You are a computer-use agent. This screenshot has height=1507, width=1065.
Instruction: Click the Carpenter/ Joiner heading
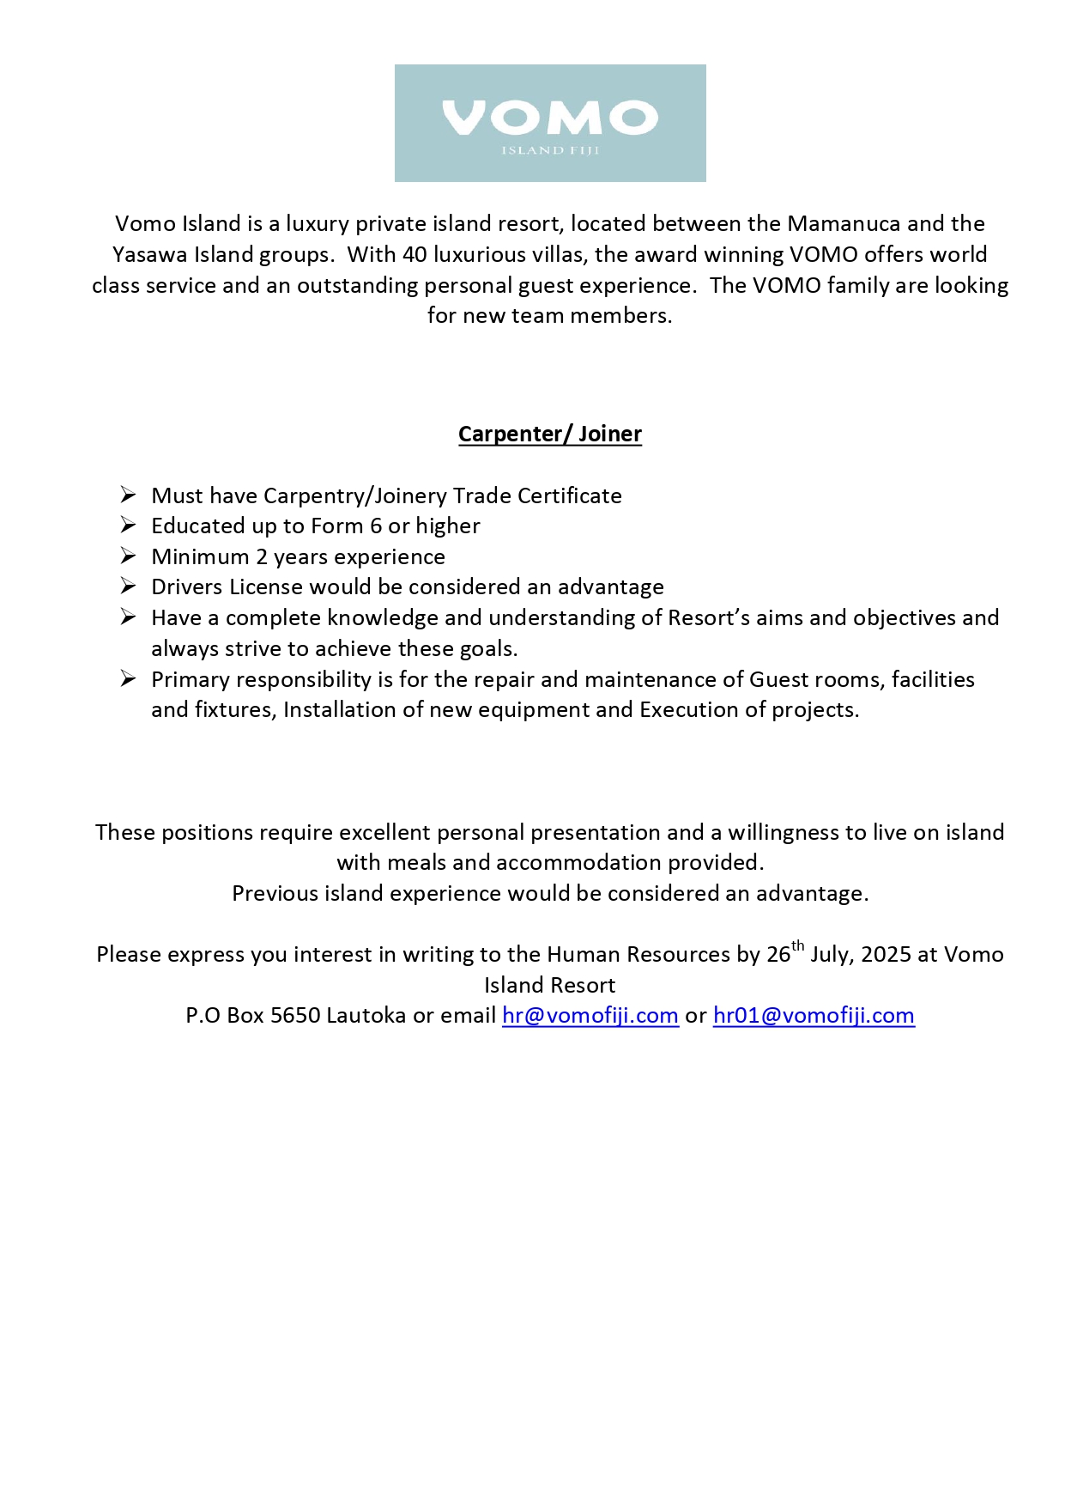550,434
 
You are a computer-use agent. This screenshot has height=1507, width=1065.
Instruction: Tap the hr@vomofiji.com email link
590,1016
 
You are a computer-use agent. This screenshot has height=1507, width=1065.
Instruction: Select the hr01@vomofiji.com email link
814,1016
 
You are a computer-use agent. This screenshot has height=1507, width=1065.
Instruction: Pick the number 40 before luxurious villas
415,255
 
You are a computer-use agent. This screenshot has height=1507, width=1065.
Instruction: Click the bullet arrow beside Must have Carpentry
129,495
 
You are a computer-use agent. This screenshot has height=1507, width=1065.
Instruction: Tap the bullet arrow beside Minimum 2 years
129,556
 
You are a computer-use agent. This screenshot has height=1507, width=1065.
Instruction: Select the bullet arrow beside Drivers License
129,586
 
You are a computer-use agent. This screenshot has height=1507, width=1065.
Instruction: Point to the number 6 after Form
376,526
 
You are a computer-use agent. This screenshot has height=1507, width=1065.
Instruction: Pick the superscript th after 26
798,946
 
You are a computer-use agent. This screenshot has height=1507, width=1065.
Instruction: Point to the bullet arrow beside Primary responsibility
129,679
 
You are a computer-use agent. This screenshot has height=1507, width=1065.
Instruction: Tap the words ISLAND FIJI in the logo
550,151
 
